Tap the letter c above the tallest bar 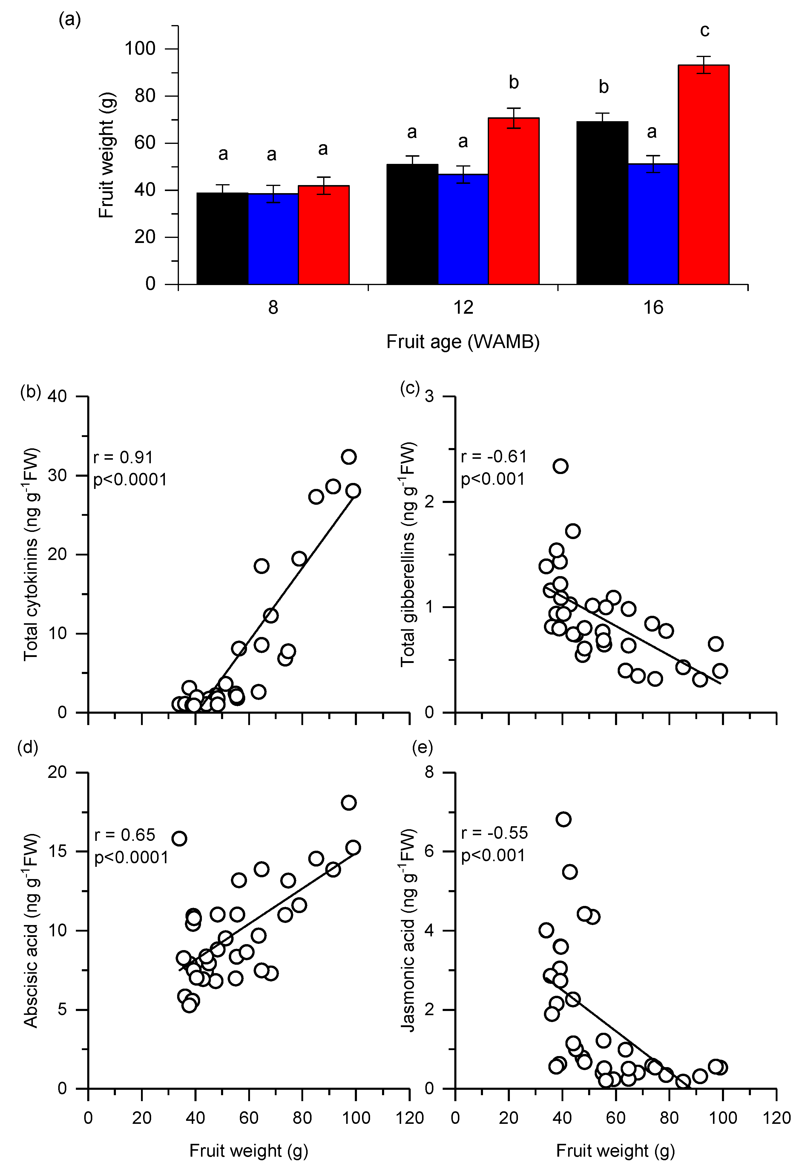tap(705, 31)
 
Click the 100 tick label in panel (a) tap(140, 49)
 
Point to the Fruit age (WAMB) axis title tap(463, 342)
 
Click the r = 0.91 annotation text tap(123, 457)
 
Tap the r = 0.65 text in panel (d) tap(125, 835)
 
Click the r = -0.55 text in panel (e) tap(494, 833)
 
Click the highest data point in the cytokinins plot tap(349, 456)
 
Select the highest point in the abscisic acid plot tap(349, 803)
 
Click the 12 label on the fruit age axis tap(463, 307)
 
